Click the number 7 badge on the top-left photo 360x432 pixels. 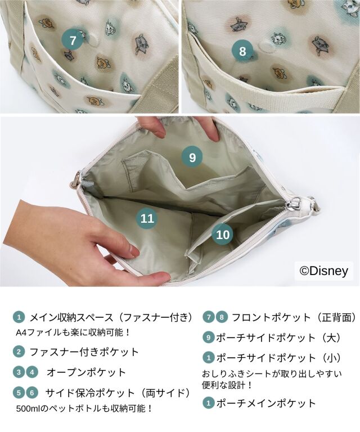[x=73, y=40]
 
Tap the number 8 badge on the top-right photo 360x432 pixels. [x=242, y=51]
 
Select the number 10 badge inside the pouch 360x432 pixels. [x=223, y=235]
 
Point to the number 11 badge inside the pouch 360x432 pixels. [x=147, y=218]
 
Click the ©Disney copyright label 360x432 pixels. [x=323, y=271]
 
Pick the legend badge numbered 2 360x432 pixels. [x=19, y=352]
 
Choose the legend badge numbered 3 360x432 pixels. [x=19, y=372]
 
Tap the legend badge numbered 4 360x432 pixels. [x=32, y=372]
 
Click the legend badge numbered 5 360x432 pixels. [x=19, y=392]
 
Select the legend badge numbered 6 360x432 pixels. [x=32, y=392]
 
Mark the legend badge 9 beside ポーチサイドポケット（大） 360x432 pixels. [x=209, y=337]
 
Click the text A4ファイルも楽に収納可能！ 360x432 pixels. [x=73, y=332]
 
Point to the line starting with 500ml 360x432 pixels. [x=84, y=408]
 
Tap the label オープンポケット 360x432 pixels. [x=86, y=372]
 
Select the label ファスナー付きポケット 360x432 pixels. [x=84, y=352]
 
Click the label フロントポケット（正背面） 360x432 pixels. [x=295, y=317]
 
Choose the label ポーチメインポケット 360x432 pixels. [x=266, y=403]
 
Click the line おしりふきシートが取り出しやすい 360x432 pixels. [x=272, y=374]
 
